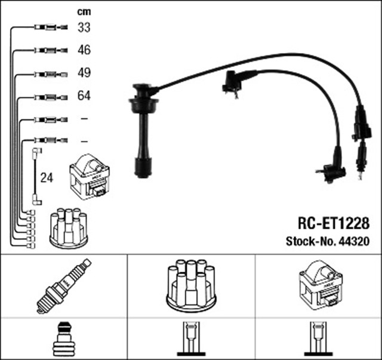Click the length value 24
pyautogui.click(x=47, y=177)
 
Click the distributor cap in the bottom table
pyautogui.click(x=191, y=285)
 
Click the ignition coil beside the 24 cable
pyautogui.click(x=90, y=177)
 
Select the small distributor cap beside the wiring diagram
pyautogui.click(x=68, y=227)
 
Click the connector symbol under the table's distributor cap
pyautogui.click(x=191, y=340)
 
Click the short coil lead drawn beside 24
pyautogui.click(x=35, y=177)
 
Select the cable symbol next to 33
pyautogui.click(x=48, y=27)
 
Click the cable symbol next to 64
pyautogui.click(x=48, y=96)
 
